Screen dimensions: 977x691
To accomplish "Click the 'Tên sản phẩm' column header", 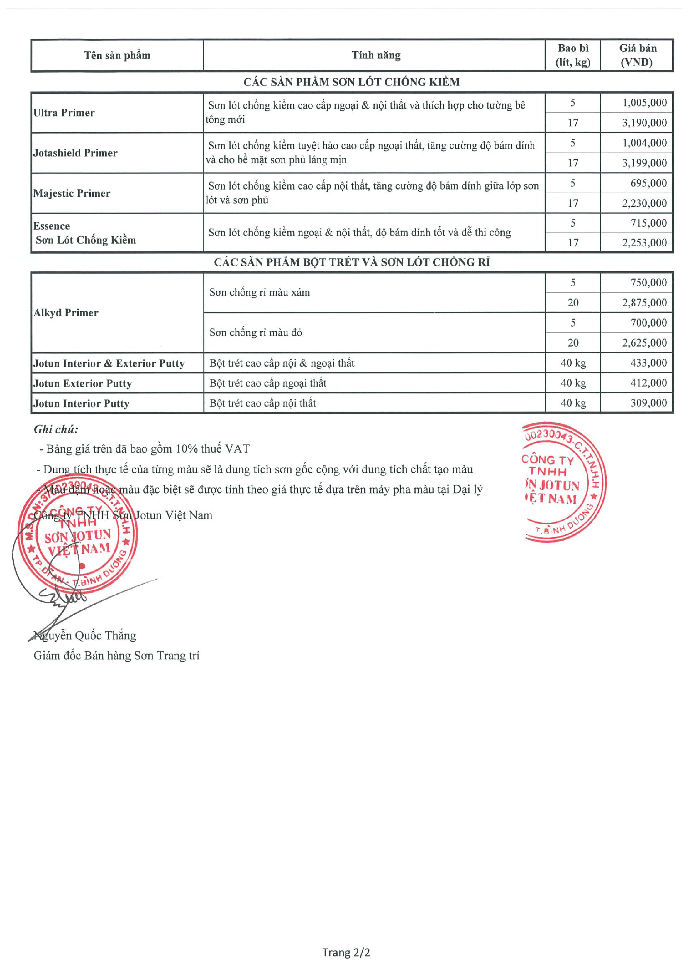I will (x=117, y=55).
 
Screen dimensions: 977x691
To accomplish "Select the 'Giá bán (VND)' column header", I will (x=637, y=55).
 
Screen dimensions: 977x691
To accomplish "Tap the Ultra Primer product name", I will (x=64, y=113).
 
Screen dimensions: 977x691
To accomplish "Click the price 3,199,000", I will (x=644, y=163).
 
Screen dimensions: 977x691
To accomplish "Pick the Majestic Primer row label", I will (x=72, y=193).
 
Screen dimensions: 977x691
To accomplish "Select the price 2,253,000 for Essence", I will (x=644, y=242).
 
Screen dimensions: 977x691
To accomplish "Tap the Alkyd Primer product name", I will (x=66, y=313).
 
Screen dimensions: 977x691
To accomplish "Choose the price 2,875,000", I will (x=644, y=303).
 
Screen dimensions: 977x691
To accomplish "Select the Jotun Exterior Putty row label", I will (x=83, y=383).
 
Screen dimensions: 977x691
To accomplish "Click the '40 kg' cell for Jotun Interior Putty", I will (x=573, y=403).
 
